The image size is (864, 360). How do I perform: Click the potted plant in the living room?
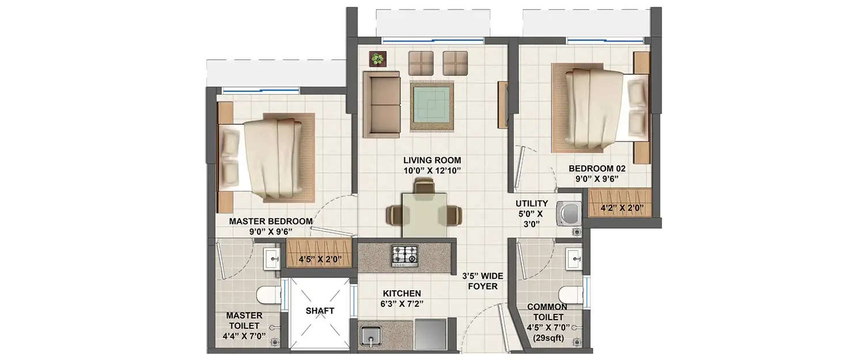coord(377,58)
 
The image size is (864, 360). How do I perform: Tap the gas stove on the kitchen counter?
coord(404,253)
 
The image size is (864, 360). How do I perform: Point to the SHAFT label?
coord(320,310)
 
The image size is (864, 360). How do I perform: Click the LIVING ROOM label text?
coord(432,160)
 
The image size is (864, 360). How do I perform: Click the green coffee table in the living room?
coord(431,105)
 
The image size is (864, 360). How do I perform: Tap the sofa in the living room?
coord(381,104)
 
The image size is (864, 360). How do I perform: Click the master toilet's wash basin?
coord(270,259)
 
